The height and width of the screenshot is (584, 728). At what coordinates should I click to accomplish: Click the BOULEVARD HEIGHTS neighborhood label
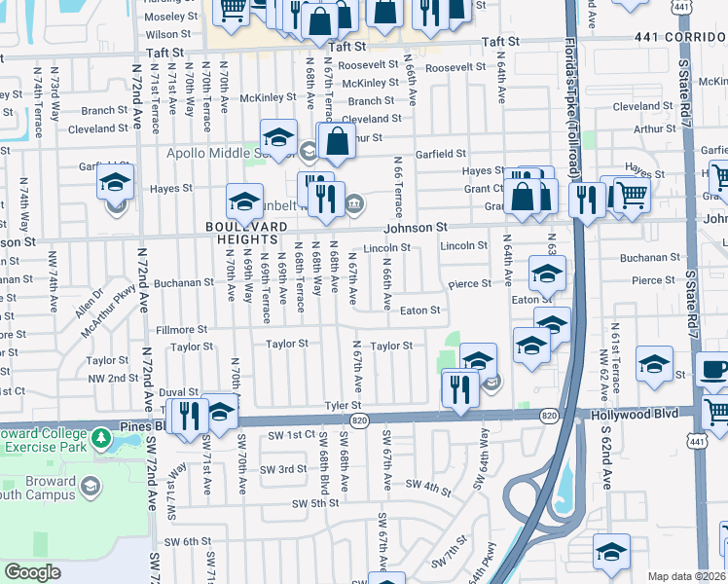point(246,233)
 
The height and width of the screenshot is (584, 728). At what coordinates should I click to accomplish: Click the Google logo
point(32,572)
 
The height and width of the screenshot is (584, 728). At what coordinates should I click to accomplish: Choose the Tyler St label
point(344,405)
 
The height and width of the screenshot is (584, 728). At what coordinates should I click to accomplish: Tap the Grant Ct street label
point(483,188)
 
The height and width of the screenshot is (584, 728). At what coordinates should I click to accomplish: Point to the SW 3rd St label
point(286,469)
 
